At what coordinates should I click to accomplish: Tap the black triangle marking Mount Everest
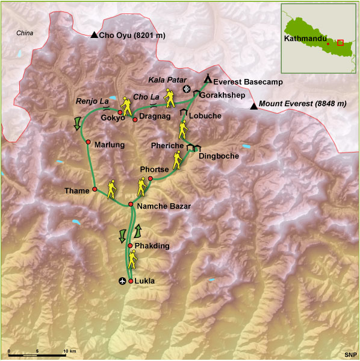[254, 107]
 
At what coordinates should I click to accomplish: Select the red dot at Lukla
[131, 281]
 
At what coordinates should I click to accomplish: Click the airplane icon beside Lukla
[123, 281]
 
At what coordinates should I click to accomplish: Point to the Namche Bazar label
[164, 207]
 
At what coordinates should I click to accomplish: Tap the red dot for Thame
[95, 190]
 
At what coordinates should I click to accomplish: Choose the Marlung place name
[109, 144]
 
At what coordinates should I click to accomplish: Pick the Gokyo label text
[113, 118]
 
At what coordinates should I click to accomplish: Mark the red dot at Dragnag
[135, 111]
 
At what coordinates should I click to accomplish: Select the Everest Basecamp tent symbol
[208, 78]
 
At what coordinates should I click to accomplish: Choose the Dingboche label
[219, 155]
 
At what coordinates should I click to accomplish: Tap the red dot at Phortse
[149, 178]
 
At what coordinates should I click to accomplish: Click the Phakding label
[152, 246]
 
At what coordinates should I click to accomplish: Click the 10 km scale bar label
[69, 351]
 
